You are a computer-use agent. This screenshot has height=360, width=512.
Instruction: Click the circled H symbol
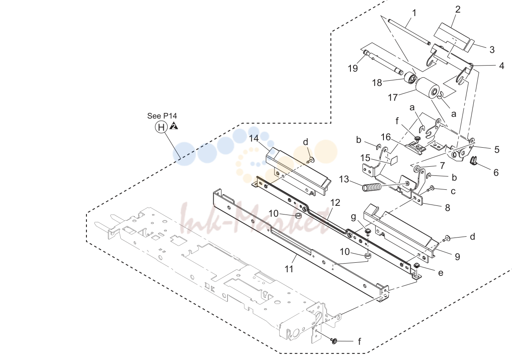[x=161, y=127]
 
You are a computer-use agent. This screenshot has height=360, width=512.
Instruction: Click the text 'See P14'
[x=162, y=116]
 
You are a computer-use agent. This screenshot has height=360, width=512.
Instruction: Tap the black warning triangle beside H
[x=174, y=126]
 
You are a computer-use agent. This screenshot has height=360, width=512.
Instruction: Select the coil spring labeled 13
[x=372, y=187]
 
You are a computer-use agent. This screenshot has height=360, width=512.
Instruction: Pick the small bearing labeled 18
[x=410, y=79]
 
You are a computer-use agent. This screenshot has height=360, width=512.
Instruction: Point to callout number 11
[x=289, y=269]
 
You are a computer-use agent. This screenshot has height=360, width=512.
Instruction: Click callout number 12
[x=335, y=203]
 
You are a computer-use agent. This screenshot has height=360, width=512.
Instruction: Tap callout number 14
[x=254, y=139]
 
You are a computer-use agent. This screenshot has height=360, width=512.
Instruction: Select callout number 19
[x=353, y=68]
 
